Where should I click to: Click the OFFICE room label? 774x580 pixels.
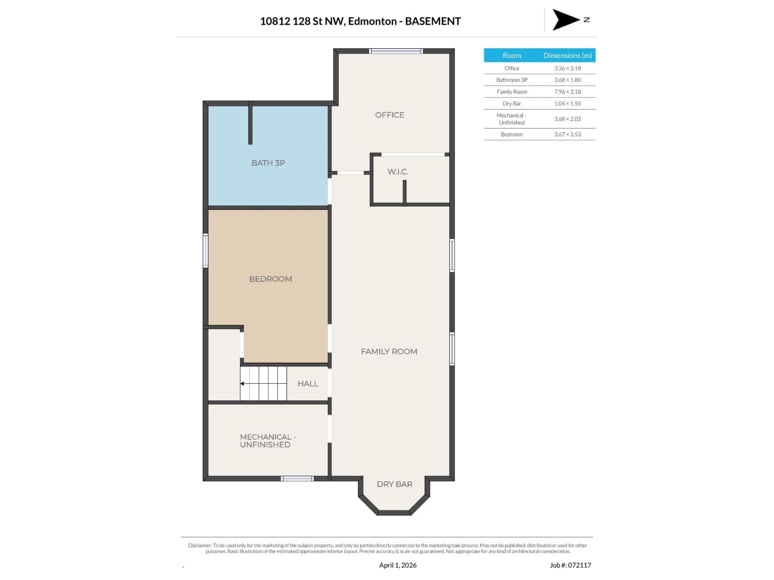(x=389, y=115)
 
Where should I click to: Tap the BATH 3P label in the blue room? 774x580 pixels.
(x=268, y=163)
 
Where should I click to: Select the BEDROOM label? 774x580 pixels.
(x=270, y=279)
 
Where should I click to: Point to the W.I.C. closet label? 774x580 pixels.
(x=398, y=172)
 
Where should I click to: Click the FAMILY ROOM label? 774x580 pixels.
(x=389, y=351)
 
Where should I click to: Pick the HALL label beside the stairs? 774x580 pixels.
(x=308, y=384)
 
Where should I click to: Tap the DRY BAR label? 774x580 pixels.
(x=394, y=484)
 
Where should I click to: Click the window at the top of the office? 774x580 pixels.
(x=396, y=51)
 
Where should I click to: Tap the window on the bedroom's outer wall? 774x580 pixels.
(x=206, y=250)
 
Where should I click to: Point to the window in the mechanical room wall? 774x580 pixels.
(x=298, y=478)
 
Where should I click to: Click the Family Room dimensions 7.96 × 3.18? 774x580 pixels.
(x=567, y=92)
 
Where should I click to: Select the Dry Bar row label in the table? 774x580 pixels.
(x=511, y=103)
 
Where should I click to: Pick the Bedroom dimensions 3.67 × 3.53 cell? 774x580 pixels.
(x=567, y=134)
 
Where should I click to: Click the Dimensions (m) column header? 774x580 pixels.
(x=567, y=56)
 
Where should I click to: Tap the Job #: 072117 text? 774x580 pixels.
(x=570, y=565)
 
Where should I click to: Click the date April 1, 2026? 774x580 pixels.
(x=398, y=565)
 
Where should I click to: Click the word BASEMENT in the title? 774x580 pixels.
(x=432, y=21)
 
